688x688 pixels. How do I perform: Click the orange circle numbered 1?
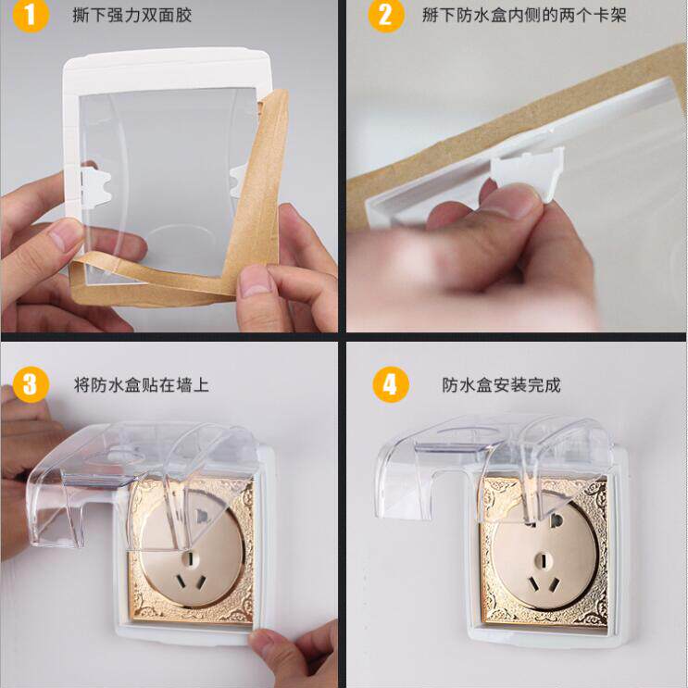click(31, 17)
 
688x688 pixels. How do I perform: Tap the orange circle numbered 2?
click(386, 17)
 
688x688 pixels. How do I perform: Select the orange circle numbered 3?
click(31, 385)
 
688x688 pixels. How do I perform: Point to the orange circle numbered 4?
click(390, 385)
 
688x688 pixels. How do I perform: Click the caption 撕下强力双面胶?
click(132, 16)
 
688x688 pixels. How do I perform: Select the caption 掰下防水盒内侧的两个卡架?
click(524, 16)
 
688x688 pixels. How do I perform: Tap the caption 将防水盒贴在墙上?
click(142, 385)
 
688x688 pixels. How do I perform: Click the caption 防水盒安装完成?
click(502, 385)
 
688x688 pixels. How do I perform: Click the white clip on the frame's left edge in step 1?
click(95, 185)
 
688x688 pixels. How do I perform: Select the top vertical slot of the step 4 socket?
click(543, 561)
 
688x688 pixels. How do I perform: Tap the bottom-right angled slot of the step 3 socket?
click(201, 582)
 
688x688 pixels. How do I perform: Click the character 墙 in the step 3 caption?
click(183, 385)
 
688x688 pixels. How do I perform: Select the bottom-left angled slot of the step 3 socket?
click(181, 582)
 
